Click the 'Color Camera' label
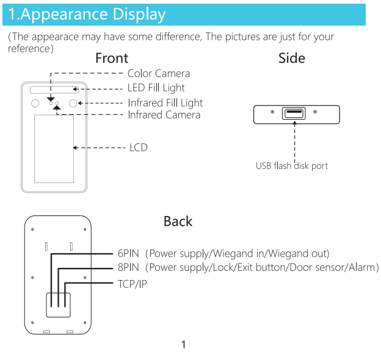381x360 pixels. pyautogui.click(x=159, y=73)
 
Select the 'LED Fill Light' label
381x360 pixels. pyautogui.click(x=156, y=88)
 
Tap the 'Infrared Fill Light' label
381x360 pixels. pyautogui.click(x=165, y=103)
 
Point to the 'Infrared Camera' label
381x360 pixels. pyautogui.click(x=164, y=115)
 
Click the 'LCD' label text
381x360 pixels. pyautogui.click(x=139, y=148)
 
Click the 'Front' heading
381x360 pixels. pyautogui.click(x=112, y=58)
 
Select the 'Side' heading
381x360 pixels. pyautogui.click(x=292, y=58)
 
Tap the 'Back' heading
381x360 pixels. pyautogui.click(x=178, y=221)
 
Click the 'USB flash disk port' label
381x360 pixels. pyautogui.click(x=292, y=166)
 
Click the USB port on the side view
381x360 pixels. pyautogui.click(x=294, y=113)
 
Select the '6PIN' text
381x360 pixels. pyautogui.click(x=128, y=253)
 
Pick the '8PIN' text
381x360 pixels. pyautogui.click(x=128, y=267)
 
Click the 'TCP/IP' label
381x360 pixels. pyautogui.click(x=132, y=284)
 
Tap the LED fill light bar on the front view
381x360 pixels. pyautogui.click(x=54, y=90)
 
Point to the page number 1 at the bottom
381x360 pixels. pyautogui.click(x=183, y=345)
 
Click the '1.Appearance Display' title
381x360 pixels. pyautogui.click(x=87, y=14)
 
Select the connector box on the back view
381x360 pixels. pyautogui.click(x=59, y=305)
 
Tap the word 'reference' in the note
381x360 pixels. pyautogui.click(x=29, y=49)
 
